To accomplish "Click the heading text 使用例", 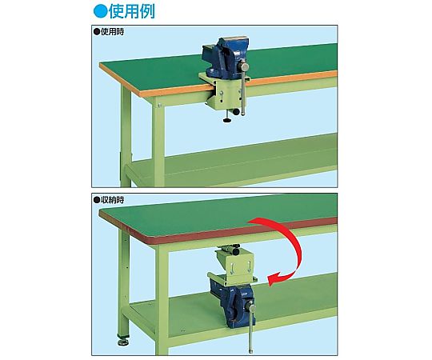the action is (x=132, y=11).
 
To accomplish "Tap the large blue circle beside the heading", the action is (x=100, y=11).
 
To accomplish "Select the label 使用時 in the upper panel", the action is (x=113, y=32).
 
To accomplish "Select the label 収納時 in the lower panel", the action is (x=113, y=200).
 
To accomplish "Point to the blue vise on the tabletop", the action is (x=225, y=58).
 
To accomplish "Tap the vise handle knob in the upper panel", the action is (x=244, y=66).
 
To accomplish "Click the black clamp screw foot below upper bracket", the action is (x=226, y=121).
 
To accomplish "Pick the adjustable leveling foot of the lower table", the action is (x=123, y=342).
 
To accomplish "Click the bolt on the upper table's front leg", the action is (x=159, y=105).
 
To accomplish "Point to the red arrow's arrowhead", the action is (x=274, y=279).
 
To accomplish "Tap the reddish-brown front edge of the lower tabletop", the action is (x=218, y=230).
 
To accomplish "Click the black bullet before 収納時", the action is (x=97, y=200).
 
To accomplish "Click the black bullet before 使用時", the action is (x=97, y=32).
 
